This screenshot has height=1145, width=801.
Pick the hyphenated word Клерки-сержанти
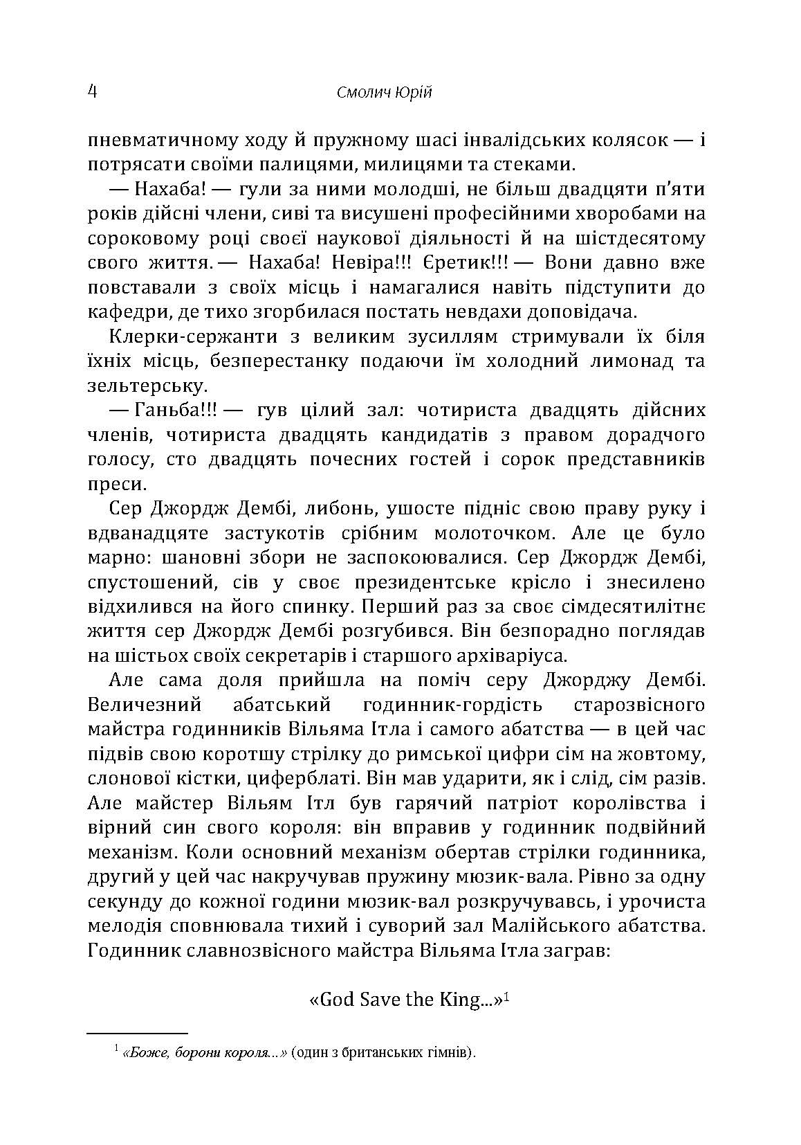(195, 337)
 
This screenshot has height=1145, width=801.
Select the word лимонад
(620, 361)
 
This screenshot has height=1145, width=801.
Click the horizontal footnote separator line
(138, 1033)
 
